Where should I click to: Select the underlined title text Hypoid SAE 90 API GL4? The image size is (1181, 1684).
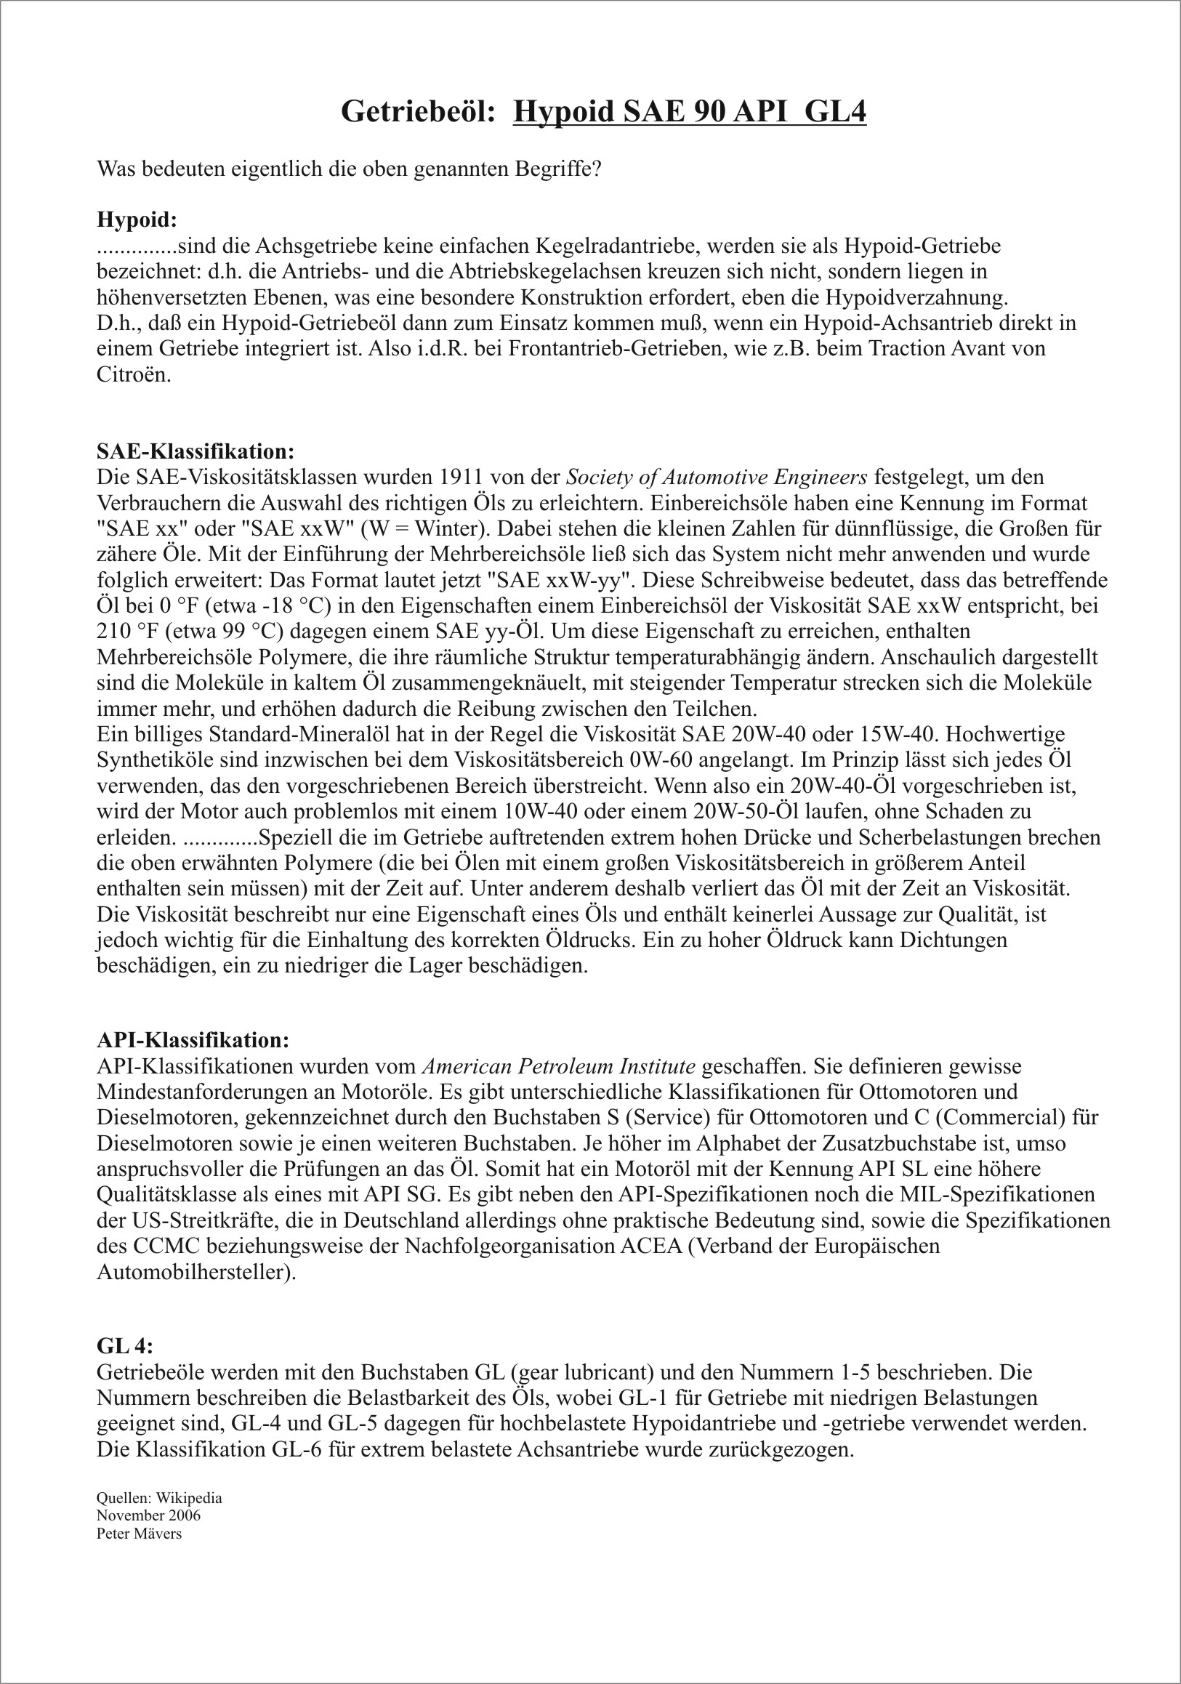[x=690, y=111]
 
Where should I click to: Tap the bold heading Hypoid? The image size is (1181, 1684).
[x=137, y=219]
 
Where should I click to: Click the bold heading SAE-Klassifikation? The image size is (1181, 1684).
[x=195, y=451]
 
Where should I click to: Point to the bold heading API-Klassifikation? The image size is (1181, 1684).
[x=193, y=1040]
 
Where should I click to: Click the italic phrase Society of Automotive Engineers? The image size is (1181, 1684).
[x=717, y=478]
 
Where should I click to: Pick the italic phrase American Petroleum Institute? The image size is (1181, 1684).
[x=559, y=1066]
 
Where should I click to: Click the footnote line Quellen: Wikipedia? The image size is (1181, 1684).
[x=159, y=1498]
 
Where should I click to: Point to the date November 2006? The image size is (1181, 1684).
[x=148, y=1515]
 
